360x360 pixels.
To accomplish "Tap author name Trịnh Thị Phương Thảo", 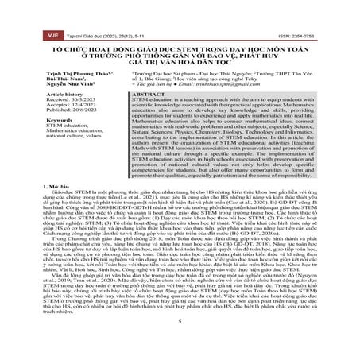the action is tap(74, 70).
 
